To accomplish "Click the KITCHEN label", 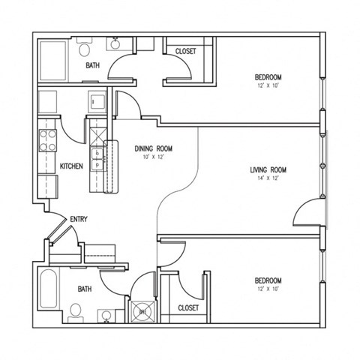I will (71, 166).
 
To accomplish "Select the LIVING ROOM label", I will (268, 170).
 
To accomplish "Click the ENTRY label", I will (79, 219).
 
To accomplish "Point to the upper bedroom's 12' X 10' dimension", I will (268, 86).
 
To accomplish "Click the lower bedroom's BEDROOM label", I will (268, 280).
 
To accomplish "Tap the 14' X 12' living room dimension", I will (268, 179).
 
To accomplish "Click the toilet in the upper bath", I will (84, 49).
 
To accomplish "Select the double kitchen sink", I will (97, 159).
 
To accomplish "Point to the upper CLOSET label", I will (185, 51).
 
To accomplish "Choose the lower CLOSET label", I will (188, 307).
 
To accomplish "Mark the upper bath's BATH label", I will (92, 66).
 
